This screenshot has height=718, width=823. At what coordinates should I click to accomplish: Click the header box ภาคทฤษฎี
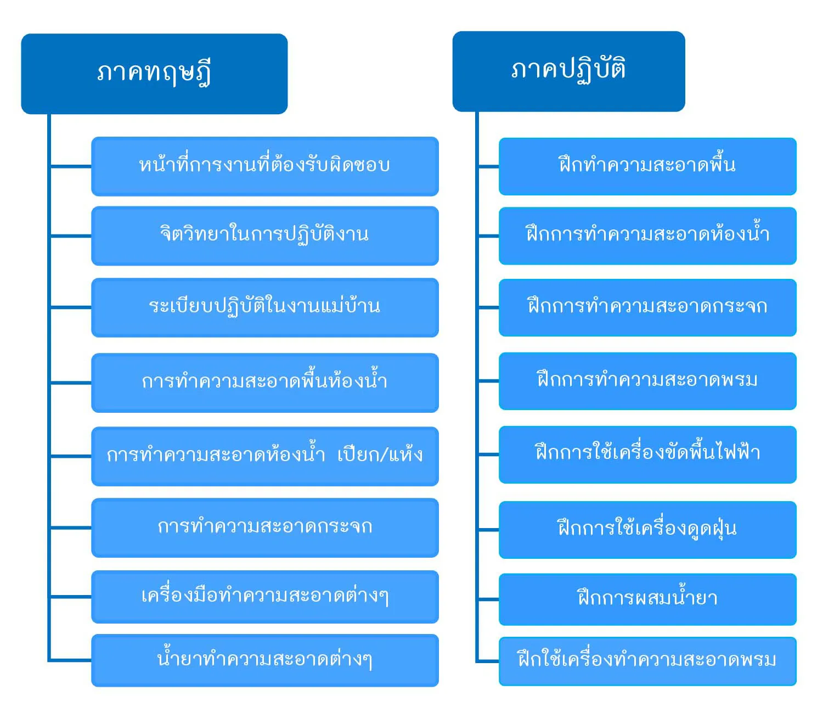[x=154, y=74]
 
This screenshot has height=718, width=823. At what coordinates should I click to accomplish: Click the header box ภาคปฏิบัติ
[x=568, y=71]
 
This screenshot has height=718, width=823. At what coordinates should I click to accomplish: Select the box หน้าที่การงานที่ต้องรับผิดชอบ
[x=264, y=166]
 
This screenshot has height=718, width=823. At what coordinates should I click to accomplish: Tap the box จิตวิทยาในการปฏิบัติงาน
[x=264, y=236]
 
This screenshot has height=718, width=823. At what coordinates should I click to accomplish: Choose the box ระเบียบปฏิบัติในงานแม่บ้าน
[x=264, y=307]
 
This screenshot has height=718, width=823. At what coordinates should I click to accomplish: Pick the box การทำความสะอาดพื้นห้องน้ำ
[x=264, y=383]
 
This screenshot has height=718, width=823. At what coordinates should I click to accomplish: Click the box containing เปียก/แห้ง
[x=264, y=456]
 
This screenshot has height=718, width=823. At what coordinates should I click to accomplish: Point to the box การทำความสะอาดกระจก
[x=264, y=528]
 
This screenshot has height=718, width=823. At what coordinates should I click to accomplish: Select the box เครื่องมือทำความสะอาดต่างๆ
[x=264, y=597]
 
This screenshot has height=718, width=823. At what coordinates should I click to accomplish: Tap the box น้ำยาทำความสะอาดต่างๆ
[x=264, y=660]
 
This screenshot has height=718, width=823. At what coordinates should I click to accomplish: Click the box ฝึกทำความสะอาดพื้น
[x=647, y=166]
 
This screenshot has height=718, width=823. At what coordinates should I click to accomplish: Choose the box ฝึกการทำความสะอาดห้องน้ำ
[x=647, y=236]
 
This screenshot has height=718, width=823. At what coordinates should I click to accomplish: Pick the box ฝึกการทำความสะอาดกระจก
[x=647, y=307]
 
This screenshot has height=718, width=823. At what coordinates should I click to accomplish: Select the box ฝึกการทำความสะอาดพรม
[x=647, y=381]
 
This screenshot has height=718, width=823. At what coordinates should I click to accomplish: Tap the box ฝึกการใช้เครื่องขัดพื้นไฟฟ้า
[x=647, y=455]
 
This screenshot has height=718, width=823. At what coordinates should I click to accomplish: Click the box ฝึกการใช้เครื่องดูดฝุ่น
[x=647, y=530]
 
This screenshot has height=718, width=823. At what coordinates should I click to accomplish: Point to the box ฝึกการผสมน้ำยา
[x=647, y=599]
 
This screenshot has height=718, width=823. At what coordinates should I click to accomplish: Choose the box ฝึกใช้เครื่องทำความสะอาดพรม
[x=647, y=661]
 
